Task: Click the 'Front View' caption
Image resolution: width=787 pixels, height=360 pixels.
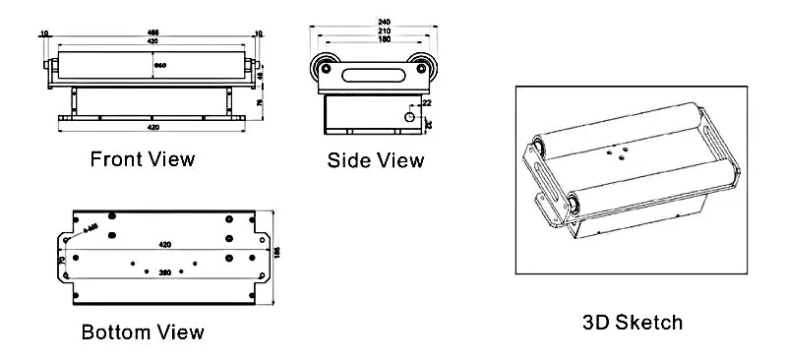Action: click(x=143, y=158)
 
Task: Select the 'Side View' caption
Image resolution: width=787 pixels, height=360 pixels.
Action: click(x=376, y=160)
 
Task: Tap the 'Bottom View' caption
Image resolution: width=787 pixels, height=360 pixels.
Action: click(x=144, y=331)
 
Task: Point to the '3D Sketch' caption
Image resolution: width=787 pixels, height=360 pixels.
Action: click(x=634, y=322)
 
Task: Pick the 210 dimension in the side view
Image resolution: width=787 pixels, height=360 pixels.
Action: click(x=369, y=31)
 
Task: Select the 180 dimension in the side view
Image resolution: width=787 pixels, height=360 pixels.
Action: click(x=369, y=41)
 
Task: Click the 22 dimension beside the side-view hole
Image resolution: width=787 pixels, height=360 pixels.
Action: click(x=425, y=102)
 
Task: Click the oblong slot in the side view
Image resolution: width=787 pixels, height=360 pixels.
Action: click(x=369, y=71)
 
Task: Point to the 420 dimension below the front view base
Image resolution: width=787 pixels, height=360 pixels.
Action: click(x=152, y=129)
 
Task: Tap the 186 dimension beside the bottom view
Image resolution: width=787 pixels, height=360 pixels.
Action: click(x=277, y=252)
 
